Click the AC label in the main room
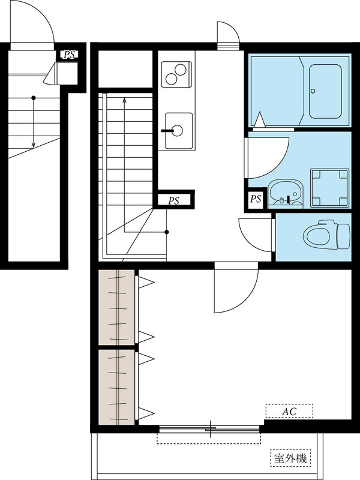click(x=289, y=411)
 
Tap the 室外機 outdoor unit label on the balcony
click(x=290, y=458)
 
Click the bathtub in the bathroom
click(x=325, y=91)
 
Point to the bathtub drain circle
click(x=313, y=91)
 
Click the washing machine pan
click(x=329, y=188)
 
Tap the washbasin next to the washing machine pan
click(x=286, y=193)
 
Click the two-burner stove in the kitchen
click(x=176, y=74)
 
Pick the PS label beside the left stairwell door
click(x=69, y=55)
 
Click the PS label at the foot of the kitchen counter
click(x=173, y=201)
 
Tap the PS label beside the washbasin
click(x=256, y=199)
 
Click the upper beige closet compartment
click(x=116, y=307)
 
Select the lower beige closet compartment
click(x=116, y=387)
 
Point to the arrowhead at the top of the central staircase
click(x=124, y=100)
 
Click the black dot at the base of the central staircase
click(x=167, y=232)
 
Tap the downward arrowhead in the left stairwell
click(x=34, y=145)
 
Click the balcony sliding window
click(x=209, y=428)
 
